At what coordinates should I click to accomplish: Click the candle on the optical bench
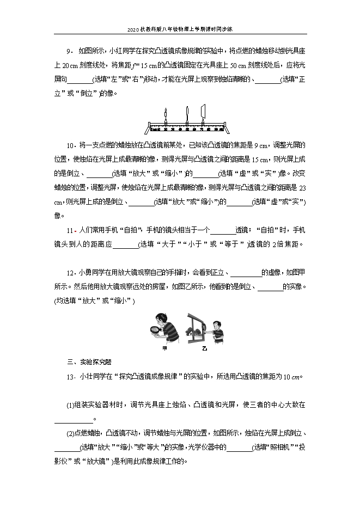[165, 116]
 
